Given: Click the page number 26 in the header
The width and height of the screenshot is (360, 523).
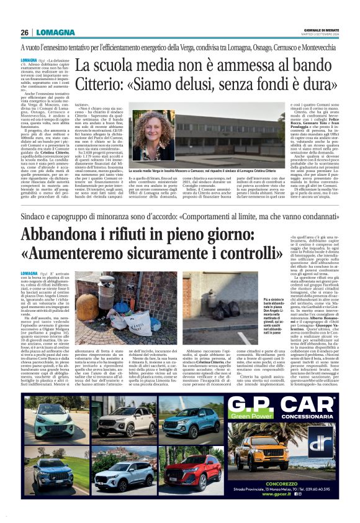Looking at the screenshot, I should click(x=24, y=32).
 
